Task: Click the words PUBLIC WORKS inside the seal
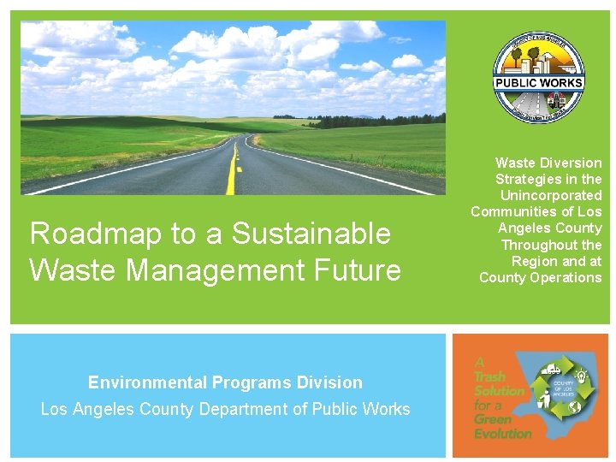(x=538, y=83)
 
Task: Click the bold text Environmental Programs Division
(x=225, y=382)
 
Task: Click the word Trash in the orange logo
(x=490, y=376)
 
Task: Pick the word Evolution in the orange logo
(x=503, y=433)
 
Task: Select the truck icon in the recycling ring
(x=552, y=370)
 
